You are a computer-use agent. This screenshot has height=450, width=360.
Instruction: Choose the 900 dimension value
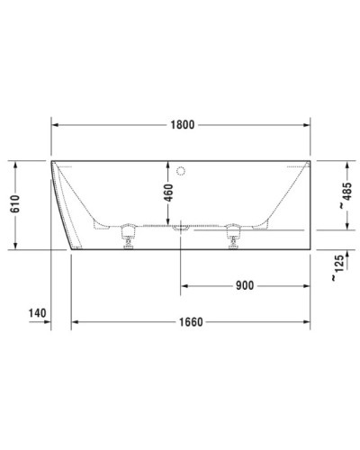[x=244, y=286]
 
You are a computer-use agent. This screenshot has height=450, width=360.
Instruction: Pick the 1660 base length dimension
[x=188, y=321]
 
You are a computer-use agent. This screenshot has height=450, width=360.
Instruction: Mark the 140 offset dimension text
[x=37, y=313]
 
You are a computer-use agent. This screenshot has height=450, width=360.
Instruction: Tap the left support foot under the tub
[x=127, y=236]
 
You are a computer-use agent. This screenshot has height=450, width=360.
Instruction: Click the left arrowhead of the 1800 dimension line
[x=55, y=124]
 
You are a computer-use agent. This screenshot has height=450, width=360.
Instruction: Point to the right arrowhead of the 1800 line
[x=308, y=124]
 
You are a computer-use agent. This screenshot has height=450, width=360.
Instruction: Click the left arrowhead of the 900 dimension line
[x=184, y=286]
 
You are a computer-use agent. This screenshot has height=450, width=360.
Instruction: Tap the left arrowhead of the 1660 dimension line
[x=76, y=321]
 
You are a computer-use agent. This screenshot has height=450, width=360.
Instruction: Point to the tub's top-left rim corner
[x=52, y=162]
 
